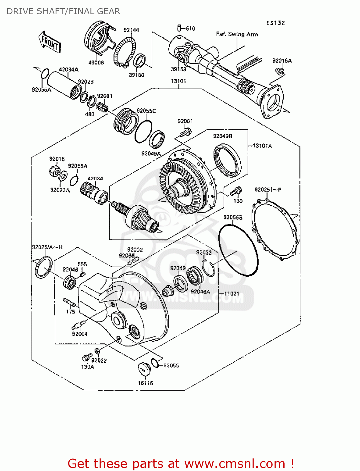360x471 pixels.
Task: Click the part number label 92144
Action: (131, 30)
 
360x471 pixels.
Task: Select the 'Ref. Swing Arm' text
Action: (237, 34)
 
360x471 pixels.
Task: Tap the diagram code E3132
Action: (275, 23)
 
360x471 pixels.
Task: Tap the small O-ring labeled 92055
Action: (155, 363)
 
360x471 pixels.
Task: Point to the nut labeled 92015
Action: (54, 171)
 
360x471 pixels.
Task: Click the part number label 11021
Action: (232, 294)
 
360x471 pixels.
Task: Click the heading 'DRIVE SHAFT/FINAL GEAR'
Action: (63, 11)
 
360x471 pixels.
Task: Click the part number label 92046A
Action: (200, 292)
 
